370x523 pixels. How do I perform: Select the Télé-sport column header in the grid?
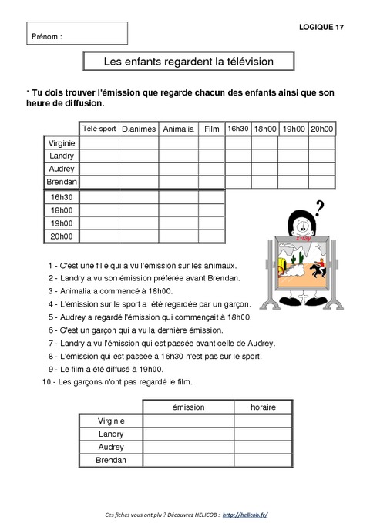pyautogui.click(x=99, y=129)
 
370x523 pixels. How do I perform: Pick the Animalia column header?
pyautogui.click(x=178, y=129)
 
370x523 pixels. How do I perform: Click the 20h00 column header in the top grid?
pyautogui.click(x=321, y=129)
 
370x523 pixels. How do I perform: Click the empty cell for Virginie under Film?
pyautogui.click(x=210, y=142)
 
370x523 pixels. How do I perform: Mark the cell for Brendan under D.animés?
pyautogui.click(x=138, y=181)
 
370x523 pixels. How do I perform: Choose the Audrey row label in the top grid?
pyautogui.click(x=61, y=168)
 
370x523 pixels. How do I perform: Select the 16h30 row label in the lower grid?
pyautogui.click(x=61, y=197)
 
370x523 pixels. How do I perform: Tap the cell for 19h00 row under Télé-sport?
pyautogui.click(x=99, y=223)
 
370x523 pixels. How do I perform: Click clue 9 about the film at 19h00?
pyautogui.click(x=108, y=369)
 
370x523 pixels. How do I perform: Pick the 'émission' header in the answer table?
pyautogui.click(x=187, y=407)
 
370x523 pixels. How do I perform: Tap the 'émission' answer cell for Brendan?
pyautogui.click(x=187, y=460)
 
